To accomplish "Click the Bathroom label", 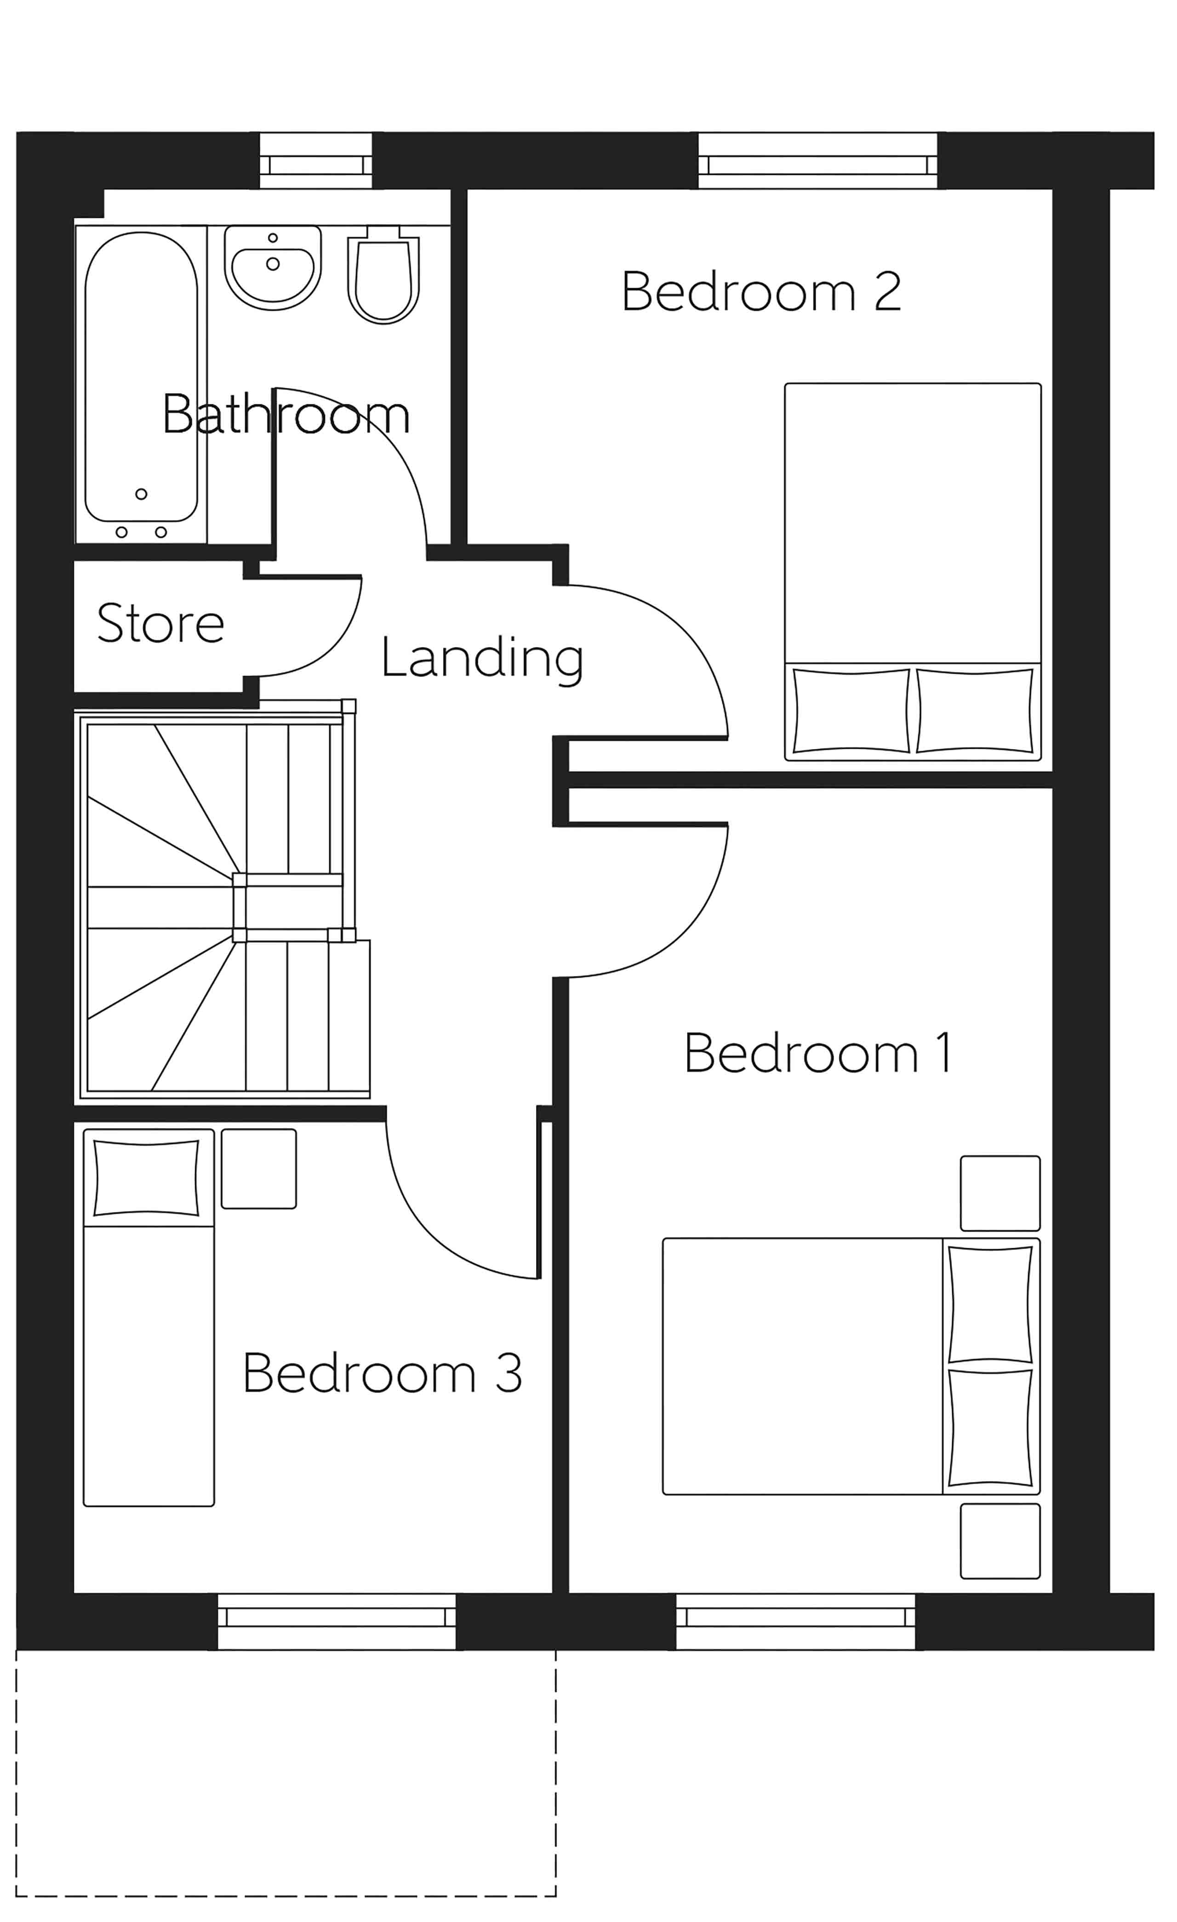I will (286, 414).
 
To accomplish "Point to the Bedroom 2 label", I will (761, 292).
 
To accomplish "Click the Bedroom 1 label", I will (817, 1053).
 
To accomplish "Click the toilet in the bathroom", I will (383, 277).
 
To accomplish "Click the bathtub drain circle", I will (141, 494).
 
